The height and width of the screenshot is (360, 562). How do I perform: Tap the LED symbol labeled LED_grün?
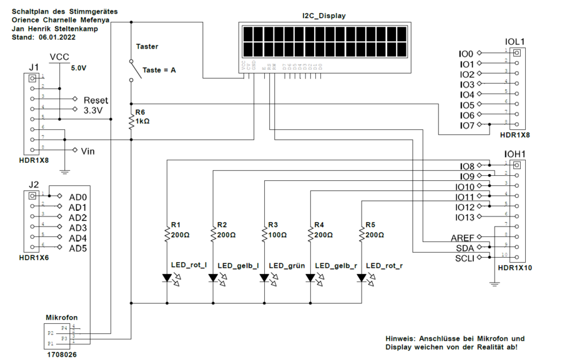coord(264,278)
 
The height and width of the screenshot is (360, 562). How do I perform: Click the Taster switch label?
coord(147,46)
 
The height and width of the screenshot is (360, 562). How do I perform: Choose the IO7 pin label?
coord(466,125)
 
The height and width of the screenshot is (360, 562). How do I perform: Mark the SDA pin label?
coord(466,248)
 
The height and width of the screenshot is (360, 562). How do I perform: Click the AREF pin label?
coord(463,238)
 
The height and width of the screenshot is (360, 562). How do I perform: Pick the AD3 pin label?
coord(77,228)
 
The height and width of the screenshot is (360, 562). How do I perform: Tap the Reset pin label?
coord(96,100)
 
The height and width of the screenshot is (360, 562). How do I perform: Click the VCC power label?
coord(59,57)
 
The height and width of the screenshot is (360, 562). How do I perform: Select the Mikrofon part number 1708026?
coord(62,354)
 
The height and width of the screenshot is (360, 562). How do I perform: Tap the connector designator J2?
coord(34,184)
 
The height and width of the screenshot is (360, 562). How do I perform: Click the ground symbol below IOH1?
coord(495,284)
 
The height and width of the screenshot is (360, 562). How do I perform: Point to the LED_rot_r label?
coord(384,266)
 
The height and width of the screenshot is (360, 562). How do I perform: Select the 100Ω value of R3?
coord(278,235)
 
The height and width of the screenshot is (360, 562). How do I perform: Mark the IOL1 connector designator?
coord(514,42)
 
